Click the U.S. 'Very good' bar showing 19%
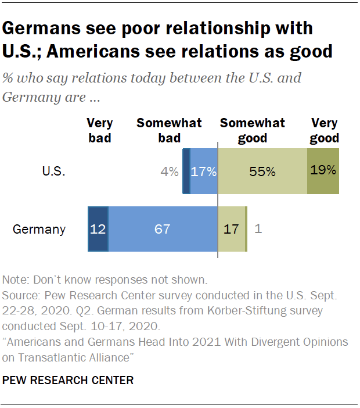tap(323, 171)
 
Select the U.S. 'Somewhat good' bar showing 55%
tap(262, 171)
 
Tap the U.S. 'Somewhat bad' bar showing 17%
tap(204, 171)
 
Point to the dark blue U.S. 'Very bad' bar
tap(186, 171)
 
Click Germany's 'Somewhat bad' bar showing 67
tap(163, 229)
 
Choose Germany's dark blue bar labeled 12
tap(98, 229)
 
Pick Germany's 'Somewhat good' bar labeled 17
tap(231, 229)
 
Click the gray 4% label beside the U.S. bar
tap(170, 171)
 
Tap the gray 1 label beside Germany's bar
tap(258, 229)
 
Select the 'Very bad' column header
tap(99, 131)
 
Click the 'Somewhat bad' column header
tap(169, 131)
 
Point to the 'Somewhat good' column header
tap(252, 131)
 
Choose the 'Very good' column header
tap(325, 131)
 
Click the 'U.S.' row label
tap(53, 171)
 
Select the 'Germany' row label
tap(39, 229)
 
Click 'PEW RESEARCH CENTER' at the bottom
tap(69, 381)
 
